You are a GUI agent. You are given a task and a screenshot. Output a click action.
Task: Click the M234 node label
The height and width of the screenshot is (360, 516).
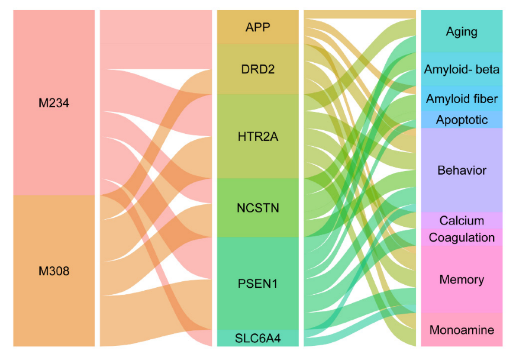54,103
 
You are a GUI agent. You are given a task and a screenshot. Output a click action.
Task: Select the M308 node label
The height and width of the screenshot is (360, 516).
54,271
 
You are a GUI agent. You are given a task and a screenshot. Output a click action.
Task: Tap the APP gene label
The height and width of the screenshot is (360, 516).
258,27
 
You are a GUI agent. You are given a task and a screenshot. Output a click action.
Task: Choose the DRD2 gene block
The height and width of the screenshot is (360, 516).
258,69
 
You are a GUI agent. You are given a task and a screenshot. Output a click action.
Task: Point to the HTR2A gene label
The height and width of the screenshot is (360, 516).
258,137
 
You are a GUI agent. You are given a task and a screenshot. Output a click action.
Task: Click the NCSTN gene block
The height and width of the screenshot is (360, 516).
258,208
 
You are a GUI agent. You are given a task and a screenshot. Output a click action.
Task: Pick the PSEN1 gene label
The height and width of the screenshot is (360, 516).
258,284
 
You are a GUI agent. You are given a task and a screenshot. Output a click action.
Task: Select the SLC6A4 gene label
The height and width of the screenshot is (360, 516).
258,338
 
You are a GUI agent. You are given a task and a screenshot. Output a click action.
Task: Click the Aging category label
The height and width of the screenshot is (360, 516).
462,31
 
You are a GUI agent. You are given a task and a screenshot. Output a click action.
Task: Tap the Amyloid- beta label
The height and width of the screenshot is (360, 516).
462,70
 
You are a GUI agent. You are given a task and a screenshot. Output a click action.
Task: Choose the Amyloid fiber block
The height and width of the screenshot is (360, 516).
462,98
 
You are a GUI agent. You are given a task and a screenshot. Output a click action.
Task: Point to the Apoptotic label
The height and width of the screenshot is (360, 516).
462,120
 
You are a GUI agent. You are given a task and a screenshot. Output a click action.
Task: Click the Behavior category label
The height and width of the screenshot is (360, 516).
462,171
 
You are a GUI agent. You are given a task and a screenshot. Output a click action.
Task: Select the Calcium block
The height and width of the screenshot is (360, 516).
462,221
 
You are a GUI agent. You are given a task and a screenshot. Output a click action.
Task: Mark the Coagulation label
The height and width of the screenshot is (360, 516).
462,237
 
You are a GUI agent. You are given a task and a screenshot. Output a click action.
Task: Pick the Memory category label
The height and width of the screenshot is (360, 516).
462,279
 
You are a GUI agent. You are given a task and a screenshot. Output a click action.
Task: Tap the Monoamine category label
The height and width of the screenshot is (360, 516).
462,330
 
